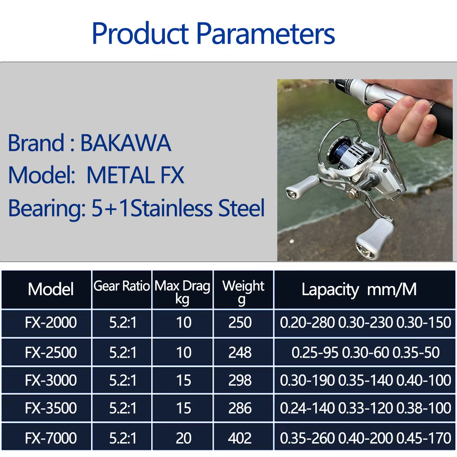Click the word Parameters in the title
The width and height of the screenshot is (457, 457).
[x=265, y=33]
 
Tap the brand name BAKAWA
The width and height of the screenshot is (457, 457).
[x=126, y=143]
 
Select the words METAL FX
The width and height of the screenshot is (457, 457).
[x=136, y=175]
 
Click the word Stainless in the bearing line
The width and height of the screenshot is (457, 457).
[x=171, y=208]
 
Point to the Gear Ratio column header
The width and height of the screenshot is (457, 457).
[x=121, y=286]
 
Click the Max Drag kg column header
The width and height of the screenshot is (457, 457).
[x=182, y=292]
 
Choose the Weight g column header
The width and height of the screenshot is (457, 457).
[x=243, y=292]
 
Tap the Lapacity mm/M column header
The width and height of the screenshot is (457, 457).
[x=359, y=290]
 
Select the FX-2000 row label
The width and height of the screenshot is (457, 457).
[x=51, y=322]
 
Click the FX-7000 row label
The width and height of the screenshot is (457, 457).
[x=51, y=438]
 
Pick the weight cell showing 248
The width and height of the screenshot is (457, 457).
[x=240, y=352]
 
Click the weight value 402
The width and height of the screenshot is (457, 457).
[x=240, y=438]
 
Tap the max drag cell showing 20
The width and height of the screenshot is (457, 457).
[x=184, y=438]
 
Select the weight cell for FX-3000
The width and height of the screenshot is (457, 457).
[x=240, y=380]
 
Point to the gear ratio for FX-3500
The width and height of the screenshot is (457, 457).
[x=123, y=408]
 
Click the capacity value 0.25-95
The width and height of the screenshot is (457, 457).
[x=315, y=352]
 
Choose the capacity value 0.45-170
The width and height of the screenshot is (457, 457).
[x=423, y=438]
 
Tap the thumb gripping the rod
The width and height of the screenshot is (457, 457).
[x=377, y=112]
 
